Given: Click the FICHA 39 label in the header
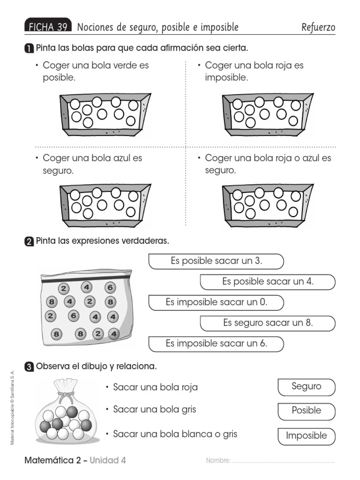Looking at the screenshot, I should pyautogui.click(x=48, y=27).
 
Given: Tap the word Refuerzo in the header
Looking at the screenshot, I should pyautogui.click(x=318, y=27).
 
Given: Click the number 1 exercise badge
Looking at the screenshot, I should pyautogui.click(x=29, y=49).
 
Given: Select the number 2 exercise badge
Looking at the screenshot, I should pyautogui.click(x=29, y=241).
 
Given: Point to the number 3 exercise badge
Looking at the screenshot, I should pyautogui.click(x=29, y=366).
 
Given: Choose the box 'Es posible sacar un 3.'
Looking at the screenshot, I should pyautogui.click(x=216, y=262).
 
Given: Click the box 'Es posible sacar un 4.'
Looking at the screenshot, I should pyautogui.click(x=268, y=282).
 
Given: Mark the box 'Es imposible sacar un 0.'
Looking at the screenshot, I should pyautogui.click(x=216, y=303).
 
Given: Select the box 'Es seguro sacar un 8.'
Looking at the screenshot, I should pyautogui.click(x=268, y=323).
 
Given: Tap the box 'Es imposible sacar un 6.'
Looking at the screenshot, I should pyautogui.click(x=216, y=344).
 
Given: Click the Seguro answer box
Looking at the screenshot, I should pyautogui.click(x=307, y=387).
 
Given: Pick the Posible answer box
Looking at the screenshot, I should pyautogui.click(x=307, y=411).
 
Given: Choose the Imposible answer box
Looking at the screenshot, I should pyautogui.click(x=307, y=436).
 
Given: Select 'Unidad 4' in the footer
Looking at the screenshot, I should pyautogui.click(x=108, y=460).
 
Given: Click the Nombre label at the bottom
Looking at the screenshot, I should pyautogui.click(x=218, y=461).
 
